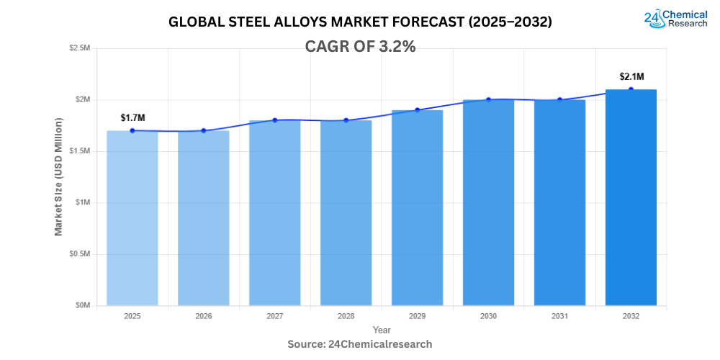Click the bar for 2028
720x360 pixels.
(x=346, y=212)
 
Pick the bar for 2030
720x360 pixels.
(x=488, y=202)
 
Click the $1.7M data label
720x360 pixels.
(x=132, y=117)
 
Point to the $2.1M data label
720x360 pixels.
(x=631, y=76)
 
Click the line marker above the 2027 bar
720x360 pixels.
(x=275, y=120)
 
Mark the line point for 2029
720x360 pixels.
(x=417, y=110)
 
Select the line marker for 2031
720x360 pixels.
(x=559, y=100)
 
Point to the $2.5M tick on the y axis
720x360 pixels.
(x=79, y=48)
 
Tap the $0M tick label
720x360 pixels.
(x=82, y=305)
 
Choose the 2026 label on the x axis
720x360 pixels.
(x=203, y=316)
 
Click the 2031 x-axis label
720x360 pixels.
(x=559, y=316)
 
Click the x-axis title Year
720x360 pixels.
(x=382, y=329)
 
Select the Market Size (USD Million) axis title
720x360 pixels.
(x=58, y=176)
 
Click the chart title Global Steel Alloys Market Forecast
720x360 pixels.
(x=360, y=22)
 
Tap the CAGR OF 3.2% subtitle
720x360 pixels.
(x=361, y=47)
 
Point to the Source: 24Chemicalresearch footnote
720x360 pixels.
(x=360, y=344)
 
